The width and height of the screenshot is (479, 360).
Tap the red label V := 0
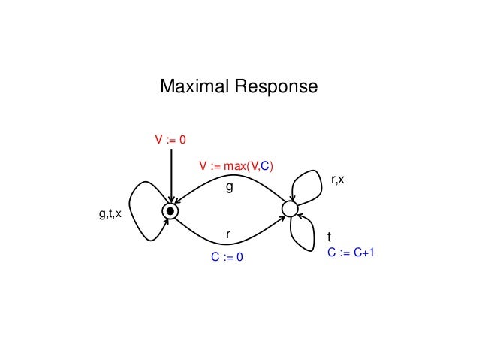tap(170, 139)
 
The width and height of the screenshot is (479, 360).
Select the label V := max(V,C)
tap(236, 165)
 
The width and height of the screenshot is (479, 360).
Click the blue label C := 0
tap(229, 257)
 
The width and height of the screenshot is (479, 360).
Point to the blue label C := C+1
tap(350, 253)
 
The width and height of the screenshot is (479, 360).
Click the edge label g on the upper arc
tap(230, 189)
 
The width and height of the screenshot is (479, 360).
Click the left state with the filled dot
tap(171, 212)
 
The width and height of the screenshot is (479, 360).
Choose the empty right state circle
tap(290, 208)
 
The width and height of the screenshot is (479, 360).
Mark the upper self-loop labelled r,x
tap(308, 180)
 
